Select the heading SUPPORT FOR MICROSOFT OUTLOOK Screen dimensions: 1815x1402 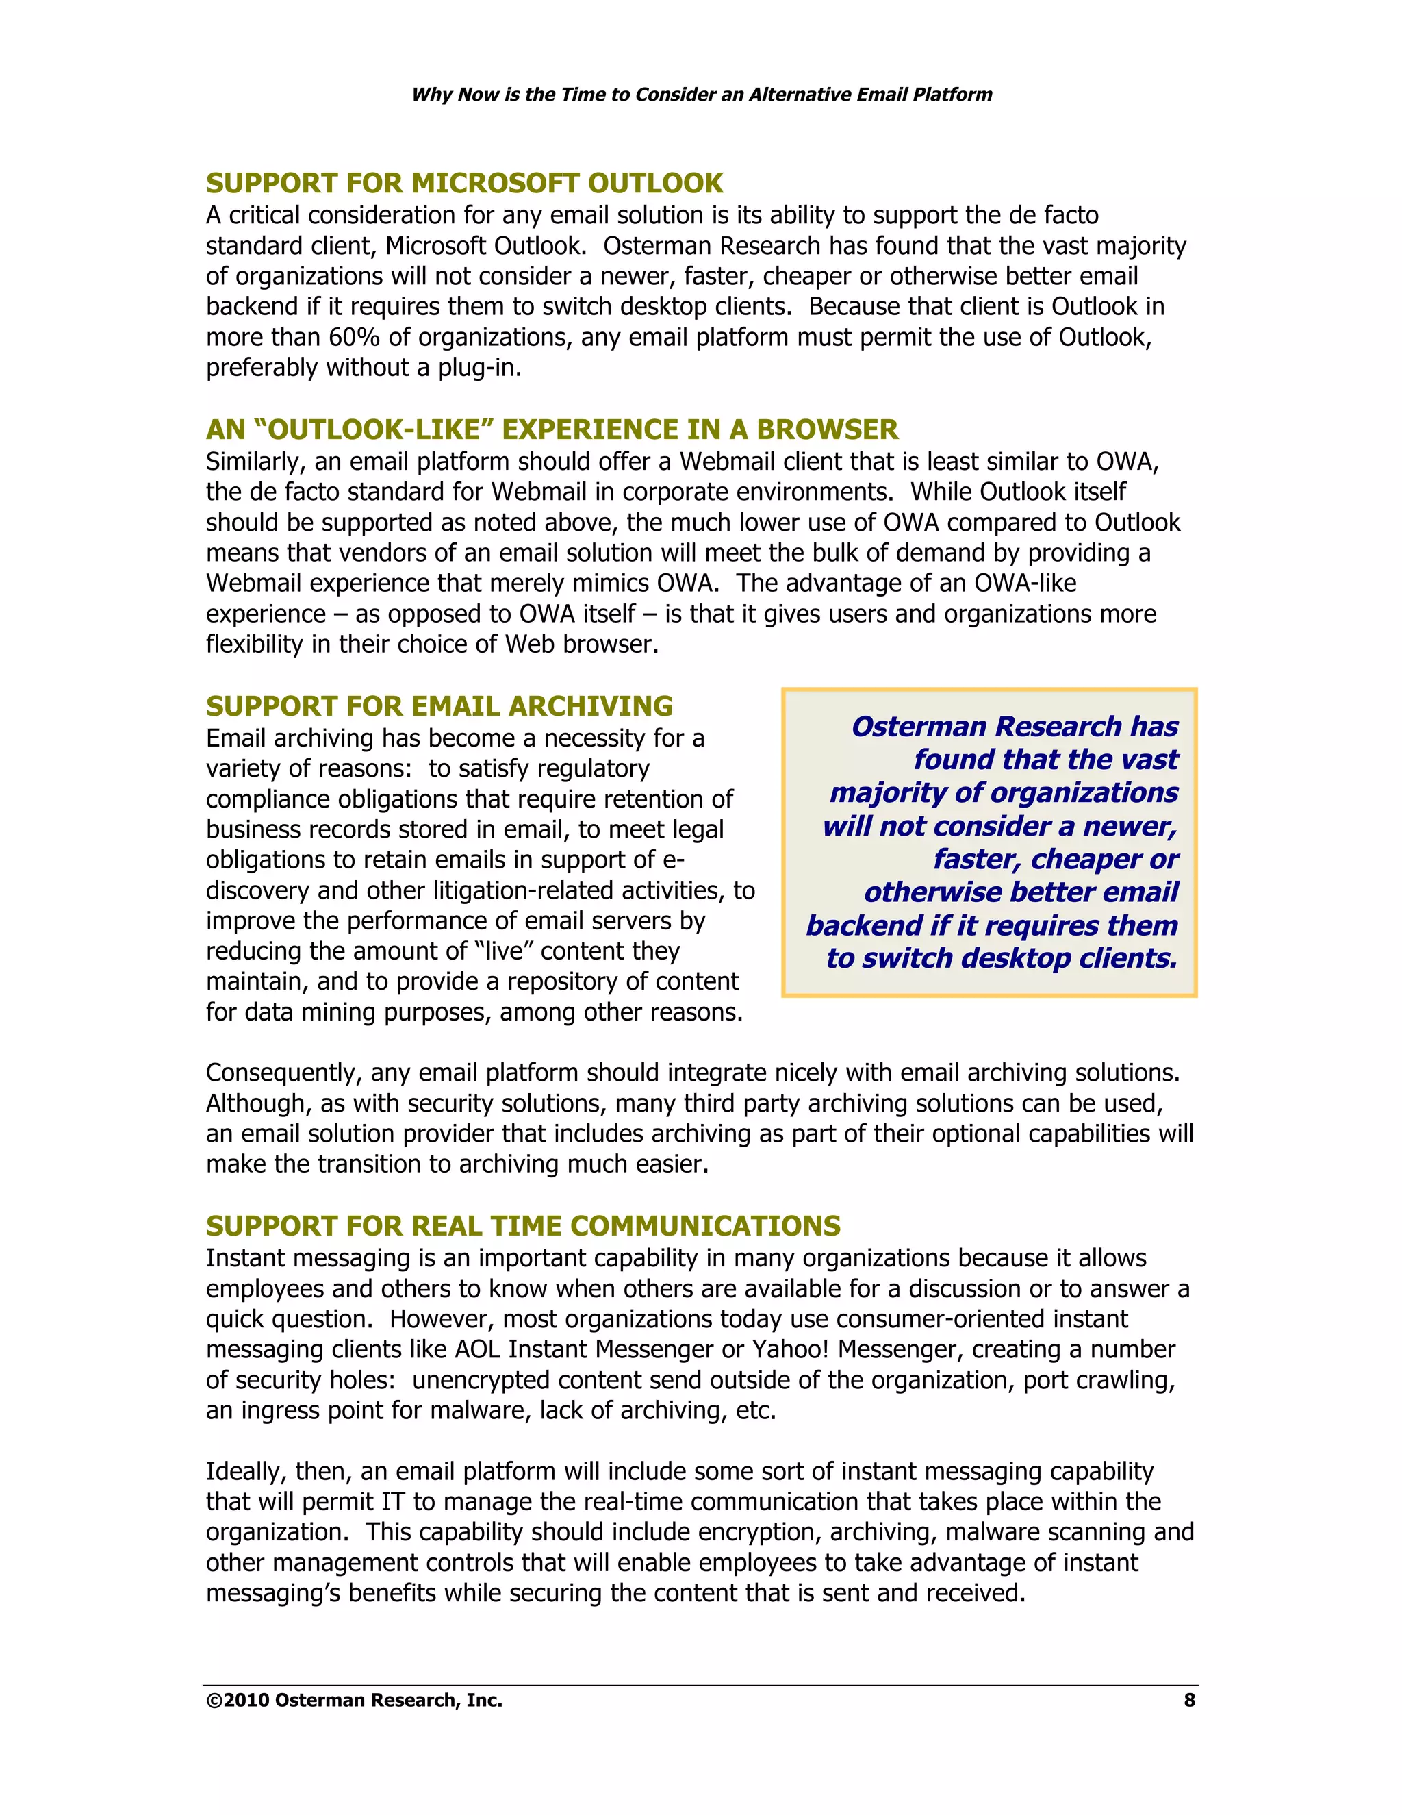click(x=464, y=183)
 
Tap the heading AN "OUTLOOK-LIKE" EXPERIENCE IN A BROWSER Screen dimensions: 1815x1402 click(x=552, y=429)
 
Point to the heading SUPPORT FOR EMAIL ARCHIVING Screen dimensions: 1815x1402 click(x=439, y=705)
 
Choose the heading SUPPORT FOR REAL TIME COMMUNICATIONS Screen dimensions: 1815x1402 click(x=522, y=1226)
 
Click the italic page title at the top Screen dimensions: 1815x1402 click(x=701, y=94)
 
